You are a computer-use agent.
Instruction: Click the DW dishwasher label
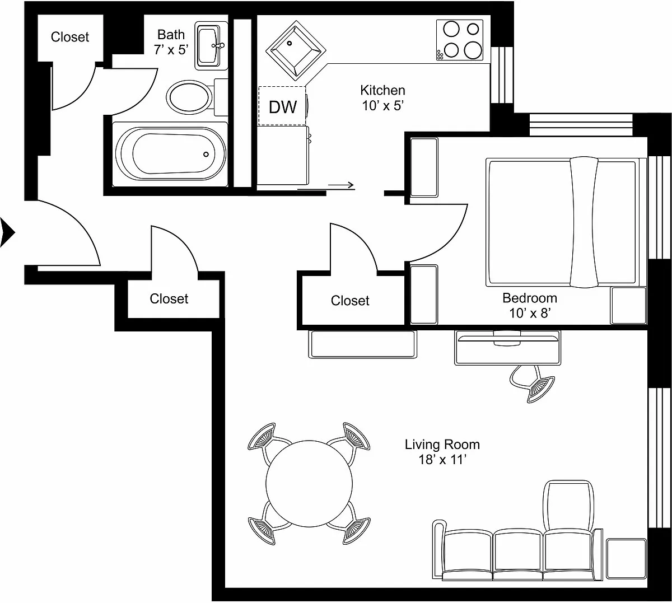click(x=283, y=107)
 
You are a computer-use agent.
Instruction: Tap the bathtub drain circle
click(x=206, y=155)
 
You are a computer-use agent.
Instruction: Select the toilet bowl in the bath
click(x=189, y=97)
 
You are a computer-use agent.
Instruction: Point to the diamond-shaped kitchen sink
click(x=296, y=50)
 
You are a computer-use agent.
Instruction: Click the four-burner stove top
click(x=459, y=40)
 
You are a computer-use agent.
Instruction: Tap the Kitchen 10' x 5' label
click(x=383, y=98)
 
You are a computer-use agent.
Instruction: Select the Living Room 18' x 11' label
click(x=442, y=452)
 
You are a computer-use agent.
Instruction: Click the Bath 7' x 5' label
click(x=171, y=42)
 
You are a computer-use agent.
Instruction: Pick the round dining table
click(x=309, y=484)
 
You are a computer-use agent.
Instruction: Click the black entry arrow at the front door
click(x=7, y=232)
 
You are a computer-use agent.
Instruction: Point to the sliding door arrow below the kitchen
click(x=341, y=185)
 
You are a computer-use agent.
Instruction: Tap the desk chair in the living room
click(x=531, y=384)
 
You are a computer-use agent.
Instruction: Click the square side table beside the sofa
click(x=627, y=559)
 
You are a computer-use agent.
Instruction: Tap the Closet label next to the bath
click(x=70, y=37)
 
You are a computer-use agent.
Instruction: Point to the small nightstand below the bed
click(x=628, y=306)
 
